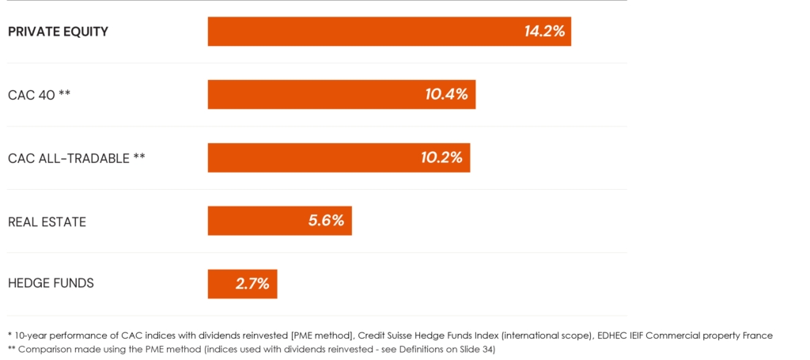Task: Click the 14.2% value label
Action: point(544,32)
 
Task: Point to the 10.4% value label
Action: point(446,94)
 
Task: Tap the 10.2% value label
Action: point(441,157)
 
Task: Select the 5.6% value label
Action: point(326,221)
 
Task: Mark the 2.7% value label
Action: point(252,284)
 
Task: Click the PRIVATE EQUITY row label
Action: point(58,32)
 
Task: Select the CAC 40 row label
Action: point(40,95)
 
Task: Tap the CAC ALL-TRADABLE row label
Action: point(76,158)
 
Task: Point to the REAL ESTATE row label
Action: point(47,222)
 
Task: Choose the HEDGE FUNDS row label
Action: point(51,283)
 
